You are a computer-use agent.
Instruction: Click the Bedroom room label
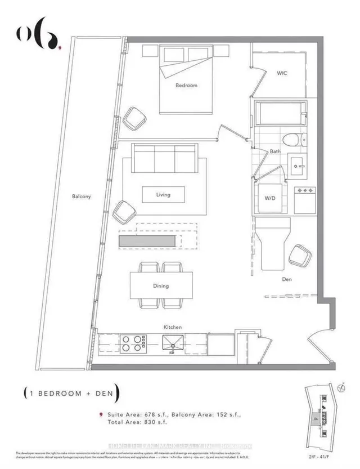(x=186, y=86)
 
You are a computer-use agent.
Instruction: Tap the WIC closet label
(x=282, y=74)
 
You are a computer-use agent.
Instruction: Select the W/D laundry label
(x=270, y=198)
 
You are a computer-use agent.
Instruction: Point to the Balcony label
(x=82, y=196)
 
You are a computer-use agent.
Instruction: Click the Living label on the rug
(x=163, y=195)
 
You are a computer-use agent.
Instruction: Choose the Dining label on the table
(x=161, y=286)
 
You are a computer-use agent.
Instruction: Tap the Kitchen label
(x=172, y=327)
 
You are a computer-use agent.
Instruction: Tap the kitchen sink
(x=173, y=343)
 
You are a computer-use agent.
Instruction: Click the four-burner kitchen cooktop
(x=132, y=343)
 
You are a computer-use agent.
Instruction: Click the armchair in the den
(x=300, y=257)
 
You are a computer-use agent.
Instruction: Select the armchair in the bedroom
(x=134, y=118)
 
